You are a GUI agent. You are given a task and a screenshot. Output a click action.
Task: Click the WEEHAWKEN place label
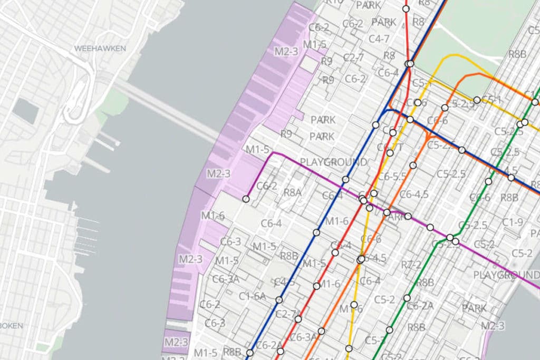[100, 48]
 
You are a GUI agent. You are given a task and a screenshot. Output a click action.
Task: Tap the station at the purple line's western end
[246, 199]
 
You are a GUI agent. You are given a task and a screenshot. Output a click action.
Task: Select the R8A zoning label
[292, 192]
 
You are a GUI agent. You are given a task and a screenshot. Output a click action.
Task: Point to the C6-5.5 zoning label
[392, 177]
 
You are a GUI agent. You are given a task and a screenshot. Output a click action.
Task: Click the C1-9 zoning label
[513, 222]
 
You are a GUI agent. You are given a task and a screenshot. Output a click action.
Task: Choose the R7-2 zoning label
[411, 264]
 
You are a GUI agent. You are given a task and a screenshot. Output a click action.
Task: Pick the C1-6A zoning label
[252, 296]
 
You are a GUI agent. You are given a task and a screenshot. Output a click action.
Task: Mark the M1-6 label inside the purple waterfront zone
[213, 215]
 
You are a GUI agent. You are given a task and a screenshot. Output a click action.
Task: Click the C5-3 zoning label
[375, 340]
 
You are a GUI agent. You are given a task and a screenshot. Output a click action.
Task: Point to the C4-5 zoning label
[284, 281]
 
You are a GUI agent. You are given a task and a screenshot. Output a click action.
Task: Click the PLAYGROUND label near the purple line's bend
[333, 162]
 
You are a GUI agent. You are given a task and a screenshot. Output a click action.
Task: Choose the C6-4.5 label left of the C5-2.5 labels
[414, 194]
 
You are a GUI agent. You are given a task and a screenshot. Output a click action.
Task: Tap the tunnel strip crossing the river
[169, 111]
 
